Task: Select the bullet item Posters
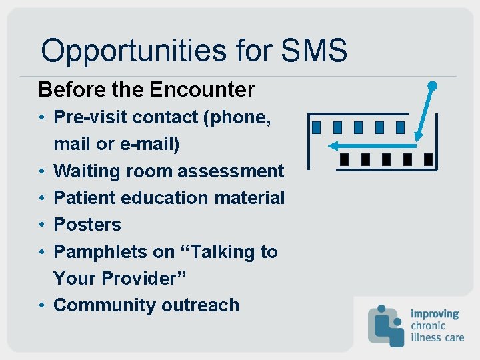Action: [87, 225]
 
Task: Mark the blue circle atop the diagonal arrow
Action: [432, 85]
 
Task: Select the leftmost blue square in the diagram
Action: [317, 127]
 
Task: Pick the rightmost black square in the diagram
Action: [428, 159]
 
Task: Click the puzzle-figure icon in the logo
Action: [385, 325]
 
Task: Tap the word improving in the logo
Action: [435, 313]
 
